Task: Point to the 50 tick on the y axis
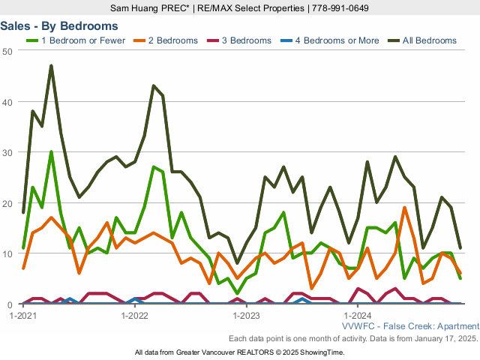tap(7, 50)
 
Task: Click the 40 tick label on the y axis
tap(7, 101)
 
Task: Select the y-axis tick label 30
tap(7, 152)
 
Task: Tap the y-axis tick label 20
tap(7, 203)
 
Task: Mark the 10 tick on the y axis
tap(7, 254)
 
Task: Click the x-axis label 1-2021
tap(23, 316)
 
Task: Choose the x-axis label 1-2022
tap(135, 316)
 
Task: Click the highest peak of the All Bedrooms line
tap(51, 66)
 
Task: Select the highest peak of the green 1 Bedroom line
tap(51, 152)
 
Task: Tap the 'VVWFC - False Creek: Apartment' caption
tap(410, 326)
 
